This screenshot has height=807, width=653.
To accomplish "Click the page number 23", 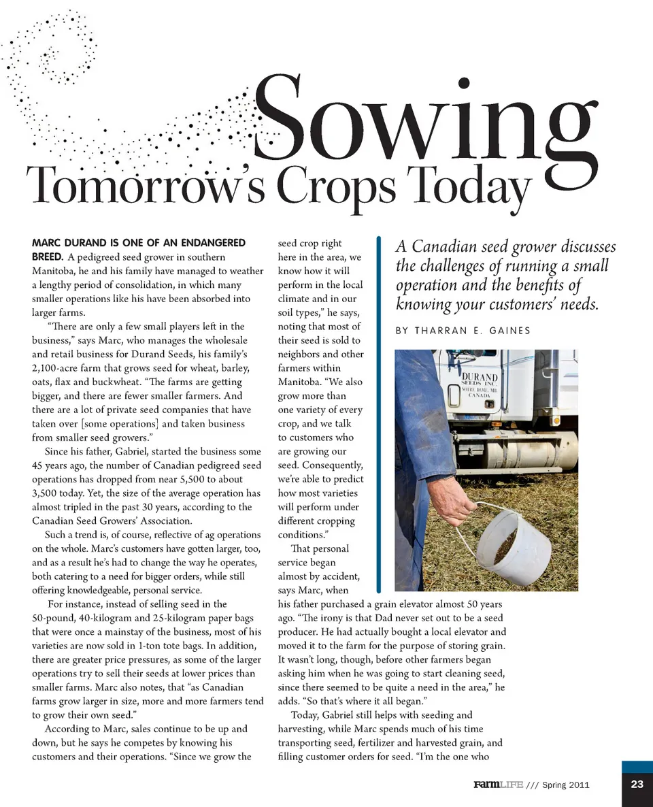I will [x=637, y=785].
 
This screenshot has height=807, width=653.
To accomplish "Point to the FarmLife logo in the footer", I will [x=498, y=785].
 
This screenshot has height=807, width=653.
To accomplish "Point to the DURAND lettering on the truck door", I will [x=480, y=376].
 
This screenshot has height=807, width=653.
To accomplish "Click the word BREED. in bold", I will [x=48, y=257].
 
